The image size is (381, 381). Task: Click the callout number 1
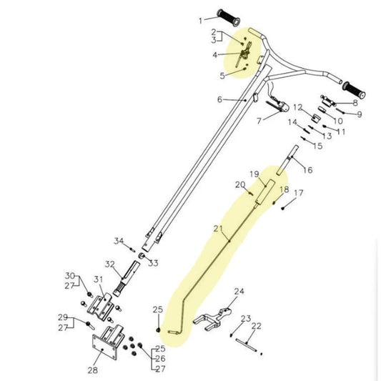tap(200, 21)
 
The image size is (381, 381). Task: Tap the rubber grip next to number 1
tap(229, 17)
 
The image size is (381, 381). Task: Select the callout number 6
tap(219, 99)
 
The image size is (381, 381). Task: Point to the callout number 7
tap(259, 121)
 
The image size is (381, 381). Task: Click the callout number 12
tap(297, 107)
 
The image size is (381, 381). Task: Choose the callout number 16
tap(307, 170)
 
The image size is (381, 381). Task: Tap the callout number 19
tap(254, 174)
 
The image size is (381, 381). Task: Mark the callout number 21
tap(218, 229)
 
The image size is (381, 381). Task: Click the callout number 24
tap(239, 291)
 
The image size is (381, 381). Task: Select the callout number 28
tap(93, 370)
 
